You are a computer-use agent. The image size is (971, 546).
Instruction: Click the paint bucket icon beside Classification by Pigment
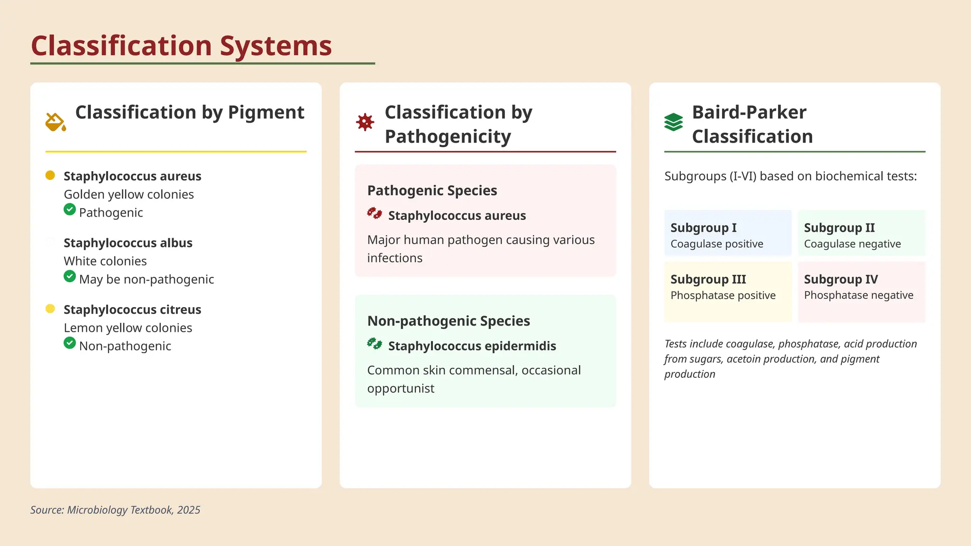click(x=55, y=122)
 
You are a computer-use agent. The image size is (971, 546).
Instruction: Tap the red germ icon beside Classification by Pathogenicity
click(x=365, y=122)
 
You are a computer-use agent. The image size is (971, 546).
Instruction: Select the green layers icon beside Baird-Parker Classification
click(x=673, y=122)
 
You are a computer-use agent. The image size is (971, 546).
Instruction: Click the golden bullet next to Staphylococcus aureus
click(x=50, y=175)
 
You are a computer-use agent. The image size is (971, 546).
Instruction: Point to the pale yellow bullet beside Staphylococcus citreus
click(x=50, y=309)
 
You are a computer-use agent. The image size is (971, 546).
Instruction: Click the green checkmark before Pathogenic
click(x=70, y=209)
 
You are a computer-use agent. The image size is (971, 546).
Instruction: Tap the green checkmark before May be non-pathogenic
click(x=70, y=276)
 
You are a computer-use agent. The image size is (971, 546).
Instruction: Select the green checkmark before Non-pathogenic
click(x=70, y=343)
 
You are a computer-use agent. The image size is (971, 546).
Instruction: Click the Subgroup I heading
click(x=703, y=227)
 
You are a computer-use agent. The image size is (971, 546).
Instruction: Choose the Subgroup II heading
click(x=839, y=227)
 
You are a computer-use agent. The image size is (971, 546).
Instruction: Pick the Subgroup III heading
click(x=708, y=279)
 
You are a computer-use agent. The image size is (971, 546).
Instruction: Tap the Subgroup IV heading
click(x=841, y=279)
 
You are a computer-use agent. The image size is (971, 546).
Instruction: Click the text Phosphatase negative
click(x=858, y=295)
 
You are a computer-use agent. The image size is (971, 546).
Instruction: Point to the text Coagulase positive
click(x=716, y=244)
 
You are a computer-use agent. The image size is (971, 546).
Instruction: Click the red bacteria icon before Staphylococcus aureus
click(x=375, y=213)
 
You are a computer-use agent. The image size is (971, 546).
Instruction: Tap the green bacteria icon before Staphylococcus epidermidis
click(x=375, y=344)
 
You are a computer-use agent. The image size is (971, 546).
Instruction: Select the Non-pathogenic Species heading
click(x=449, y=321)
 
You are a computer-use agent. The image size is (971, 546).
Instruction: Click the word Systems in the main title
click(x=275, y=46)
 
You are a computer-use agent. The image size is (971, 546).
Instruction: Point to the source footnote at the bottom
click(x=115, y=510)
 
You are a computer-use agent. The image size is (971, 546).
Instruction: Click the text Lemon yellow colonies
click(x=128, y=328)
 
